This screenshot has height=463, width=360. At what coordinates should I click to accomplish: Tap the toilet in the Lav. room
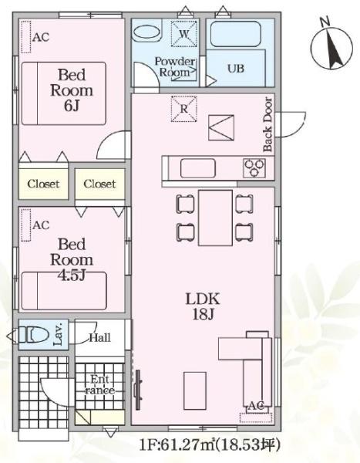pos(34,336)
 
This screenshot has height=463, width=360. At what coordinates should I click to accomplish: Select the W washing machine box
pos(183,34)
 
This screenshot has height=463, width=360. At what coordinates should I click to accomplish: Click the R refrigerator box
pos(183,109)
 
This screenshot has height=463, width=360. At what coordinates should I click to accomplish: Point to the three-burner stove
pos(254,168)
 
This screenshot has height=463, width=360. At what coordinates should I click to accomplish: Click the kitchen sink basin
pos(197,168)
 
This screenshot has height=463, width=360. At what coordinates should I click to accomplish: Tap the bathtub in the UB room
pos(236,34)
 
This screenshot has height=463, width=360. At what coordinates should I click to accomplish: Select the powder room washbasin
pos(146,32)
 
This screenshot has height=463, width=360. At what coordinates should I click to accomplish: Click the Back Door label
pos(267,124)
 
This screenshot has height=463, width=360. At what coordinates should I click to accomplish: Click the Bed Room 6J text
pos(72,90)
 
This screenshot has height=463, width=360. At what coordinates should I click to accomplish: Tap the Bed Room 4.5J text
pos(72,260)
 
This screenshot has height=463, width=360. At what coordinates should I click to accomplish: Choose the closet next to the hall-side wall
pos(99,184)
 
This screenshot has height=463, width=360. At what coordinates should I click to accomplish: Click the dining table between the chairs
pos(215,218)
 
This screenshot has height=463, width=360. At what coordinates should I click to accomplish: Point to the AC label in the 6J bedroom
pos(41,37)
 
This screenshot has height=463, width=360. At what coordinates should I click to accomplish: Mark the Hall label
pos(100,337)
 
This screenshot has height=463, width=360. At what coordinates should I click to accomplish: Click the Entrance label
pos(100,384)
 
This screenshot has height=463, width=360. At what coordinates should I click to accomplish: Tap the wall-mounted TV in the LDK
pos(139,390)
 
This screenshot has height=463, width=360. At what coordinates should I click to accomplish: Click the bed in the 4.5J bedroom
pos(64,291)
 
